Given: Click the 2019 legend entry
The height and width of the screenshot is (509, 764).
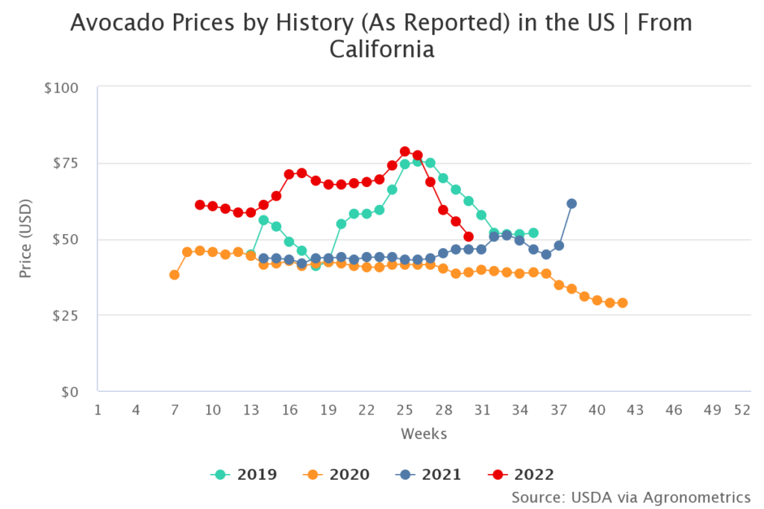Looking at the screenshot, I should pos(244,474).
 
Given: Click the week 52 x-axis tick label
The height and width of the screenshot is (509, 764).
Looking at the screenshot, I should pos(742,410).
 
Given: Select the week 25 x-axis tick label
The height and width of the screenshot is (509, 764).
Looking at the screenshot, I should pos(404,410).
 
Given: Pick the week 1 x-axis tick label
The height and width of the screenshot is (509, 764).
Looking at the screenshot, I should pos(98,410).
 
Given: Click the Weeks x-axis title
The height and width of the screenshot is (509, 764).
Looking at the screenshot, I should pos(424,433).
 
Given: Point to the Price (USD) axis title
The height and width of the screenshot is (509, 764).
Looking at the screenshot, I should pos(26,239).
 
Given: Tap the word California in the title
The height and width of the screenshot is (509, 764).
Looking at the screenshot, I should pos(381,50).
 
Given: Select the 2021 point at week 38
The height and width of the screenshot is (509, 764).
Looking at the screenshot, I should pos(572,203).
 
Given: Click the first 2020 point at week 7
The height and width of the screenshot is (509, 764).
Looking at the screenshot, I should pos(175,275).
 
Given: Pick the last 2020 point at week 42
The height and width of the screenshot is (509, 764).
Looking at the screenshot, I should pos(622,303).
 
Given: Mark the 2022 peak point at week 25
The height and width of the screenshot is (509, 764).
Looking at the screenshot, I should pos(405,151).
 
